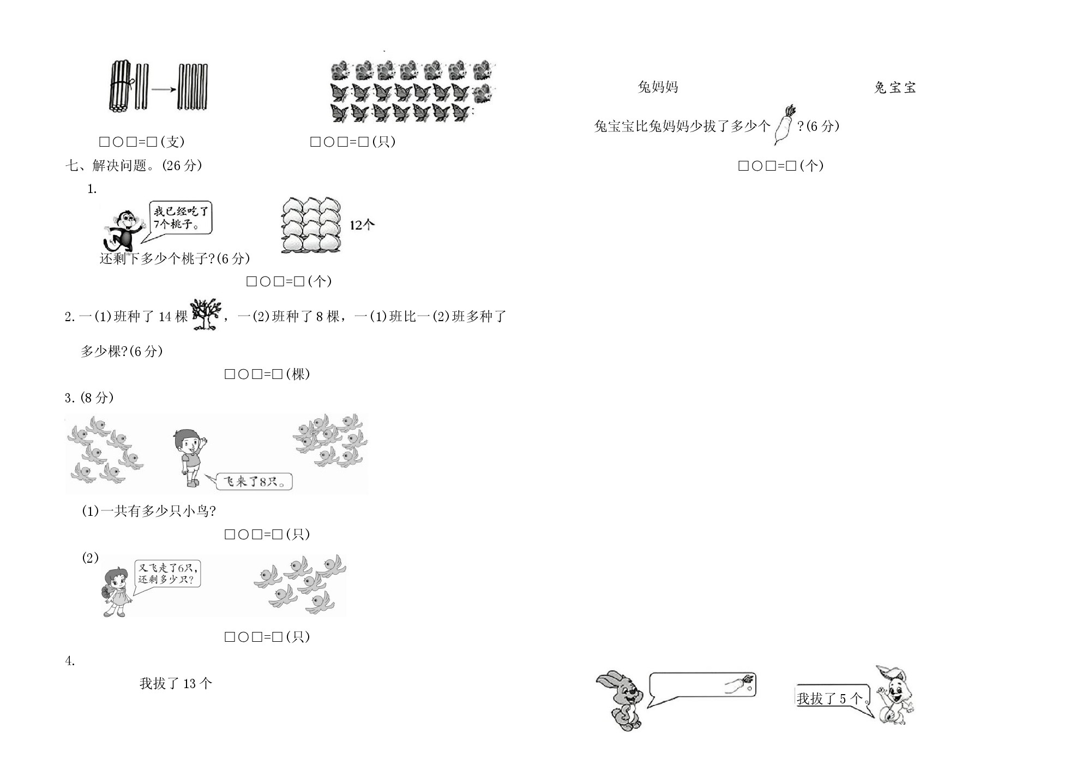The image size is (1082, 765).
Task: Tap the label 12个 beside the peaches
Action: click(362, 225)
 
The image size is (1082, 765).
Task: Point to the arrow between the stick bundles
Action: click(164, 89)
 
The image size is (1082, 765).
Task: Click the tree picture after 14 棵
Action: click(206, 315)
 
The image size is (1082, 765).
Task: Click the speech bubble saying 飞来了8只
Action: click(251, 481)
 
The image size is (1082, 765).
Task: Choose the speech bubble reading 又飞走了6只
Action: click(167, 574)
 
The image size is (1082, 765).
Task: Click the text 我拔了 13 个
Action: click(176, 683)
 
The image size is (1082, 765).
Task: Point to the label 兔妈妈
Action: click(658, 87)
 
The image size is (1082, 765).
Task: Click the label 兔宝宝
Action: click(895, 87)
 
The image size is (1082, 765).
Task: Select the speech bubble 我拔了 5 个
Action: click(833, 697)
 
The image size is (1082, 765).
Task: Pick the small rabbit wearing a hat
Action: click(895, 695)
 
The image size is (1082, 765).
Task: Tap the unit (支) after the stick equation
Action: click(173, 142)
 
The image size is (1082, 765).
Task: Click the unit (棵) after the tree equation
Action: click(298, 374)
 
